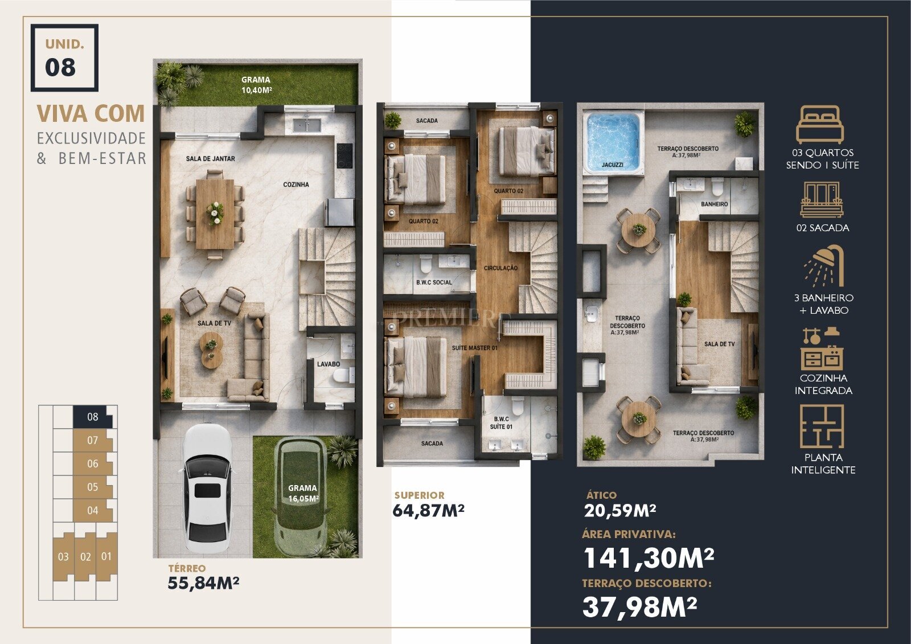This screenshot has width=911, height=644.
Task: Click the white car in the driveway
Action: [207, 489]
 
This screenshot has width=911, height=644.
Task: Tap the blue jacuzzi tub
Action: [613, 142]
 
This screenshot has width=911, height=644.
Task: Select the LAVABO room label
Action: [329, 364]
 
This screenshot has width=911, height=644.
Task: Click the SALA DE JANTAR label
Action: [210, 159]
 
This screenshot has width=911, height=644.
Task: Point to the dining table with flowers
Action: [215, 214]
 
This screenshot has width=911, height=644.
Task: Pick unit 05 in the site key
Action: [93, 487]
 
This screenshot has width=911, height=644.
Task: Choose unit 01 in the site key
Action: [106, 556]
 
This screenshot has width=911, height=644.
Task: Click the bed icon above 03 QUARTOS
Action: [819, 124]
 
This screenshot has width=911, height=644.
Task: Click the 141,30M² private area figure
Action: [649, 558]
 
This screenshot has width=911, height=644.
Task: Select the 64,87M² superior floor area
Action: [428, 510]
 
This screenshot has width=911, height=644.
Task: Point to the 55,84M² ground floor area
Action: [203, 583]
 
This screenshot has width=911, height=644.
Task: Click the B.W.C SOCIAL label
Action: [434, 282]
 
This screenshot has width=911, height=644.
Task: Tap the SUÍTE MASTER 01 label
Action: [475, 348]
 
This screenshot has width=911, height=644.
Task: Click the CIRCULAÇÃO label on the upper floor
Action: [500, 268]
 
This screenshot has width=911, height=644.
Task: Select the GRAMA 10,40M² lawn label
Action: [256, 85]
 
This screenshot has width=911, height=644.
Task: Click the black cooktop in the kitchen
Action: [345, 156]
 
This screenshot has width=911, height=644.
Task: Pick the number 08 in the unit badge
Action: [60, 67]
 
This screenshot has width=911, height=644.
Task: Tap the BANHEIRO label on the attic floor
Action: [714, 204]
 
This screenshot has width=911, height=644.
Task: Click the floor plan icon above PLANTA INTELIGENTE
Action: [822, 426]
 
